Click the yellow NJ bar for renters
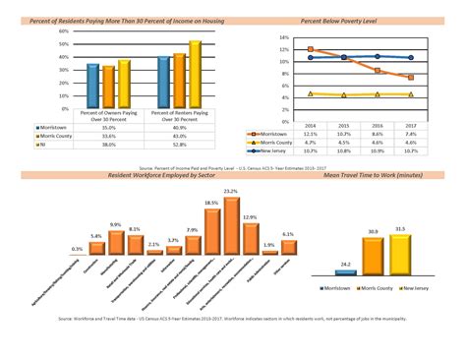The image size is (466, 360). click(x=195, y=75)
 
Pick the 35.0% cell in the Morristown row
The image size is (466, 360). click(x=108, y=127)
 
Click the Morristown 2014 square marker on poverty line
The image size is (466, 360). click(x=311, y=49)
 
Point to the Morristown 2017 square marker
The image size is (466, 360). click(x=410, y=77)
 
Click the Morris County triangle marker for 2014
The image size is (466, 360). click(x=311, y=93)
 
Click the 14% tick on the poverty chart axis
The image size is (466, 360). click(x=283, y=37)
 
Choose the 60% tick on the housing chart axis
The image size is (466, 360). click(x=62, y=31)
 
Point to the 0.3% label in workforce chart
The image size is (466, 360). click(x=77, y=249)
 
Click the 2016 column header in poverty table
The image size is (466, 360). click(x=378, y=125)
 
